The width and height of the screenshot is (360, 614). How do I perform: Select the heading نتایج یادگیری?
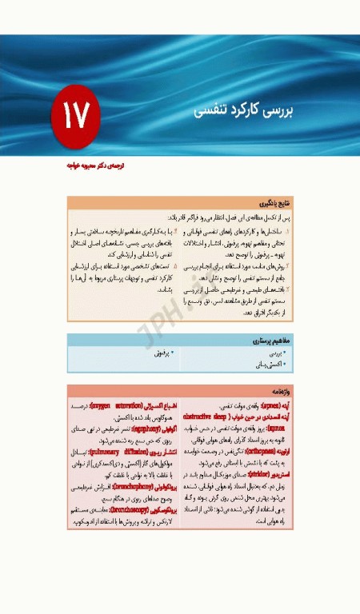pos(275,204)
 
